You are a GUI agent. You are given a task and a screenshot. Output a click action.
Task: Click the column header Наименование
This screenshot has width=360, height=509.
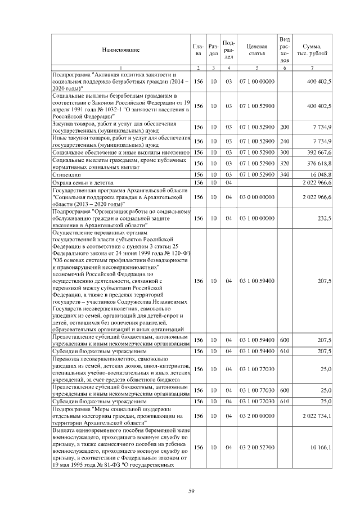coord(120,50)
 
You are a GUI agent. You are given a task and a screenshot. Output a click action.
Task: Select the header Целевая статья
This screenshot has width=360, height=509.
coord(256,49)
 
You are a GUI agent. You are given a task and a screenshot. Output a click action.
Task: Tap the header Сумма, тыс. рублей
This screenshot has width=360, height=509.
coord(312,49)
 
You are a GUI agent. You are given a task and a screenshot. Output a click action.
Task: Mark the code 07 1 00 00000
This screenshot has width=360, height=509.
coord(256,82)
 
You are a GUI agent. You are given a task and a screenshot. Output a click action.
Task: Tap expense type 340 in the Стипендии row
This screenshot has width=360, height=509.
coord(285,175)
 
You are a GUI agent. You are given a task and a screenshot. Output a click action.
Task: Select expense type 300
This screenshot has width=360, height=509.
coord(285,152)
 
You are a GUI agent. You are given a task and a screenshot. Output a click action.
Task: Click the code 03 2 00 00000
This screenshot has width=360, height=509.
coord(256,416)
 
